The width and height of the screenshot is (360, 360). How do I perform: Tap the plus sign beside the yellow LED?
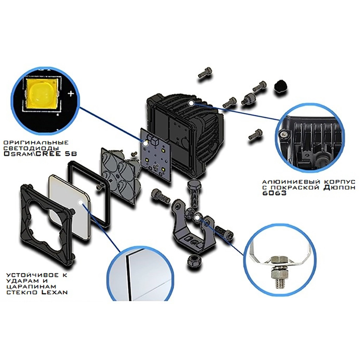click(71, 94)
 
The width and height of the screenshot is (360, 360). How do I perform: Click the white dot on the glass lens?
click(81, 202)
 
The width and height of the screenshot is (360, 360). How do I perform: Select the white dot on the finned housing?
click(191, 103)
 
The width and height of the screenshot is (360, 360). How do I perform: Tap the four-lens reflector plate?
click(120, 174)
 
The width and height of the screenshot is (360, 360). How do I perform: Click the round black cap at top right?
click(281, 86)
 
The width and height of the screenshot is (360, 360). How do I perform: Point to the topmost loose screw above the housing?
click(205, 73)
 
